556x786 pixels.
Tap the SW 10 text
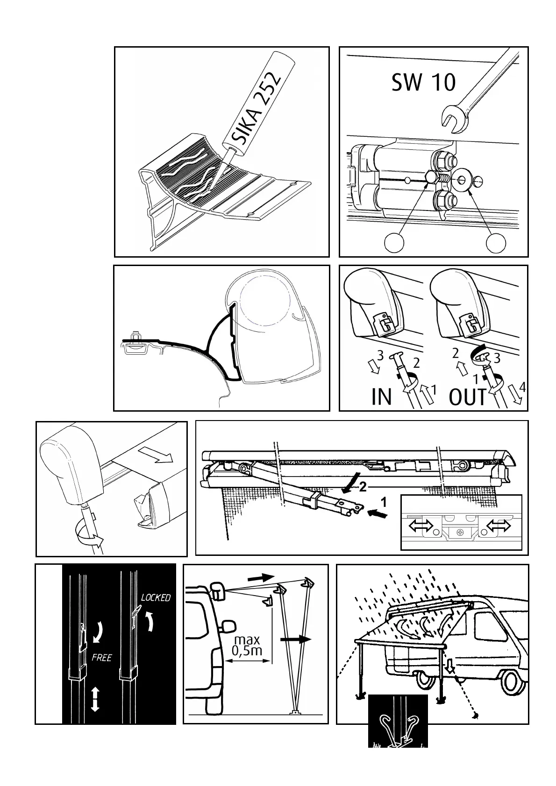pos(423,83)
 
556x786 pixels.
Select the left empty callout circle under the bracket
pos(394,242)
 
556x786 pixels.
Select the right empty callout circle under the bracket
pos(496,242)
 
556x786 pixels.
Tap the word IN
pos(381,397)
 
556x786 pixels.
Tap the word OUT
pos(468,397)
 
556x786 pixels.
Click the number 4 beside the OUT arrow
pos(522,387)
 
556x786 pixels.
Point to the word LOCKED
pos(156,597)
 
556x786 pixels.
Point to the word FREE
pos(101,658)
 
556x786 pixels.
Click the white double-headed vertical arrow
pos(95,699)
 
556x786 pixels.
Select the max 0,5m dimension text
pos(247,645)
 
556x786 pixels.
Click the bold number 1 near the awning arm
pos(384,503)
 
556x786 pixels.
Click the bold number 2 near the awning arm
pos(363,488)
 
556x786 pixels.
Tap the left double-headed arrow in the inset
pos(421,526)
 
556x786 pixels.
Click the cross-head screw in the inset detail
pos(461,532)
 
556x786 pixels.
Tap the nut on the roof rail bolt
pos(135,336)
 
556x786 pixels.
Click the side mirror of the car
pos(229,628)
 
